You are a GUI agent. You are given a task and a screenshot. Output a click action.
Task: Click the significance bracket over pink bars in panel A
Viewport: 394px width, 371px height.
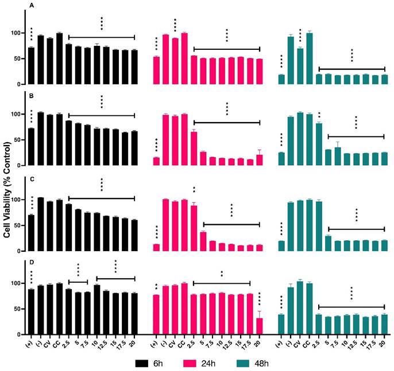pos(226,49)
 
